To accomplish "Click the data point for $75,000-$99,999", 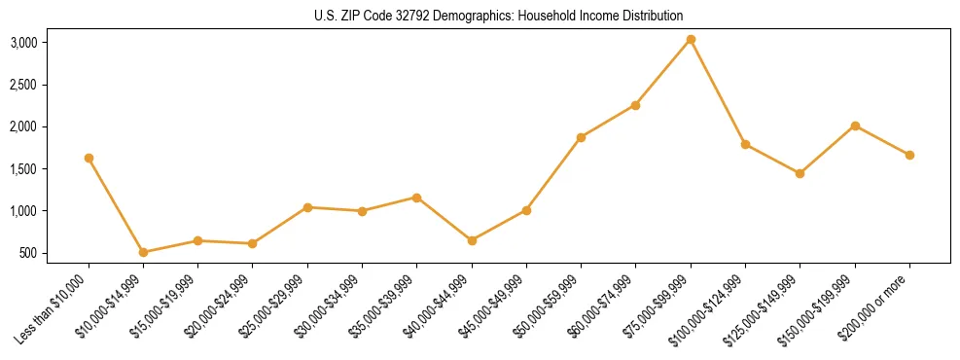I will [x=691, y=39].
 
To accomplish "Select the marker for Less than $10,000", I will [x=89, y=158].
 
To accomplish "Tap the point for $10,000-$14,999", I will [x=143, y=252].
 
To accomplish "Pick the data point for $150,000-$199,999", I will [x=855, y=126].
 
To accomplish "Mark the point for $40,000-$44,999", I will [x=472, y=240].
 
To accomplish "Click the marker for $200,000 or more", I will [x=909, y=155].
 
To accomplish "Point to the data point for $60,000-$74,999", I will [x=635, y=105].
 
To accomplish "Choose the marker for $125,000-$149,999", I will [x=800, y=173].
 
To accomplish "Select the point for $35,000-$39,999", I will [x=416, y=198].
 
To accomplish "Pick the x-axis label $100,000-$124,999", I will [x=709, y=306].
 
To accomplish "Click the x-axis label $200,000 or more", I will [x=879, y=303].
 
